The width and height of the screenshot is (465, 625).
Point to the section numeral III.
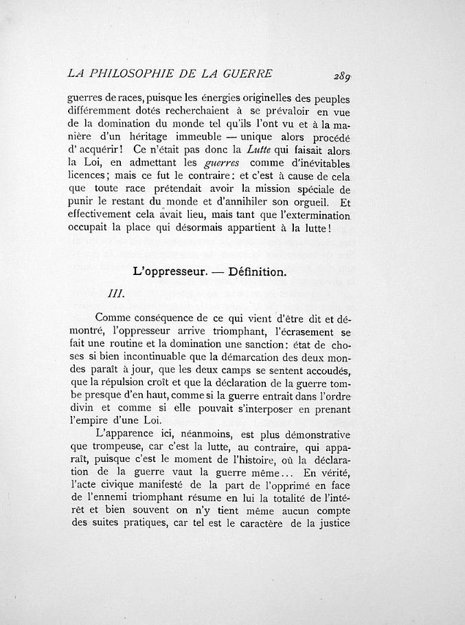(x=116, y=293)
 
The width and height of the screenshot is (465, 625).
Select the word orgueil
(x=302, y=203)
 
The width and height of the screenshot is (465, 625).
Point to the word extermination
(x=309, y=216)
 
